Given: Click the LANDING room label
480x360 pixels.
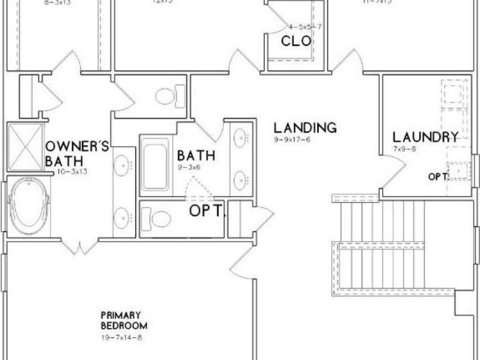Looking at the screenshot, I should [305, 127].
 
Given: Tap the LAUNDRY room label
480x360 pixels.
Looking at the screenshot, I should [426, 137].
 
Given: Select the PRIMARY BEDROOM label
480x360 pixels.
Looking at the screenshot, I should [124, 320].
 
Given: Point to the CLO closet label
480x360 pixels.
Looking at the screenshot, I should [296, 41].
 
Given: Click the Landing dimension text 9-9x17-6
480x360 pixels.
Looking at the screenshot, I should [292, 140].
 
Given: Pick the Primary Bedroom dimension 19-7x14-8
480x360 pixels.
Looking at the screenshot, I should [121, 338].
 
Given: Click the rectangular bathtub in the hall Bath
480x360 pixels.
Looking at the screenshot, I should [155, 163].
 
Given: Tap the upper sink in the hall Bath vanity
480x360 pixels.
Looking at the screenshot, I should [241, 138].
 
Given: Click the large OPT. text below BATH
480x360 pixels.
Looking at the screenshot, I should [207, 211].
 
